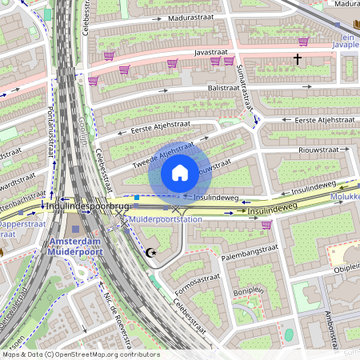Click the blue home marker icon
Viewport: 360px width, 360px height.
coord(180,173)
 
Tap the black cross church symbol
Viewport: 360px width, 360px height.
coord(297,59)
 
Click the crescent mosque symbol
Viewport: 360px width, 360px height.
coord(151,254)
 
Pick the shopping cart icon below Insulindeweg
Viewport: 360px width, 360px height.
coord(266,225)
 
